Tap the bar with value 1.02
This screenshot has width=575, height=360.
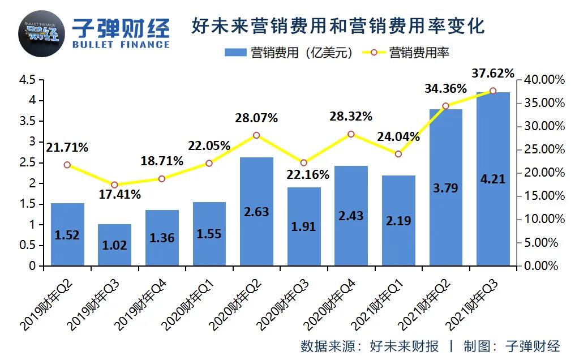click(114, 245)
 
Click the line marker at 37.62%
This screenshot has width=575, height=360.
click(493, 91)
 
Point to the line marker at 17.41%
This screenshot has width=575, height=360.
click(114, 185)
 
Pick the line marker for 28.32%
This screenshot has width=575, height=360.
click(351, 134)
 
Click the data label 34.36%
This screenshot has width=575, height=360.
click(446, 89)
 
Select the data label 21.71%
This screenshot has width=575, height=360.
click(67, 148)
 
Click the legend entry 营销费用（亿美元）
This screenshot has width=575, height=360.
click(289, 53)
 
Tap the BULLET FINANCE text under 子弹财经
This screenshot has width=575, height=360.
click(121, 44)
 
